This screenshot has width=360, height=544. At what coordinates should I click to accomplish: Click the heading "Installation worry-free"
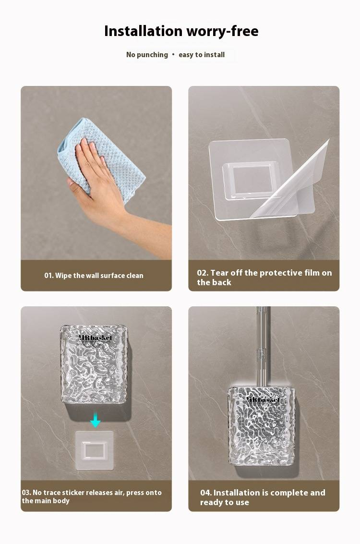(181, 31)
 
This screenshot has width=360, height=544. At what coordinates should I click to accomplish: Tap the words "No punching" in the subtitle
(147, 55)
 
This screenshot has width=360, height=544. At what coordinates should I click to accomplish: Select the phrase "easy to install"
(202, 55)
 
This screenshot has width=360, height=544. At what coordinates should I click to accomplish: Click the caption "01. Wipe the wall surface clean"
(94, 276)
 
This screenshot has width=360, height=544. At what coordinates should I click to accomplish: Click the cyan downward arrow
(96, 421)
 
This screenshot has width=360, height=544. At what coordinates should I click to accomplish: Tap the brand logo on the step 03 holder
(95, 338)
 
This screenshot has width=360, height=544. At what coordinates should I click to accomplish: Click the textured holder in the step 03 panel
(94, 364)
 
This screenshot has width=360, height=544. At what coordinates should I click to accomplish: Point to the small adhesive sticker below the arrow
(95, 450)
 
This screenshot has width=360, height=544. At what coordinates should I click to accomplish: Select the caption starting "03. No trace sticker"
(92, 496)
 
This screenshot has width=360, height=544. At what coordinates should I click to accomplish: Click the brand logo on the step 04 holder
(263, 399)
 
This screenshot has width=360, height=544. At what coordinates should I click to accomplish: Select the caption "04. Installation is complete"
(263, 497)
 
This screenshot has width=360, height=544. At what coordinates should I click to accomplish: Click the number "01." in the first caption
(49, 276)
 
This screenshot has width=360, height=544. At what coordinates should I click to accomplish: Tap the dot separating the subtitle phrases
(173, 54)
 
